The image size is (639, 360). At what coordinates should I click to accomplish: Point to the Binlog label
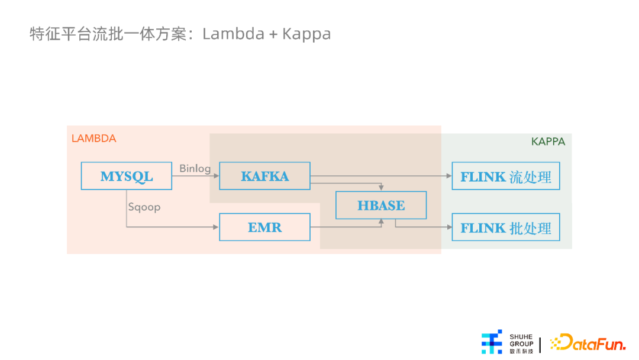[x=195, y=168]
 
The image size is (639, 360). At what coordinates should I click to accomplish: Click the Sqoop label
[x=144, y=207]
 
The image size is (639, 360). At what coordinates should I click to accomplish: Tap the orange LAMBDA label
[x=93, y=139]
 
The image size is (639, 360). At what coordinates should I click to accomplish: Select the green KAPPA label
[x=548, y=142]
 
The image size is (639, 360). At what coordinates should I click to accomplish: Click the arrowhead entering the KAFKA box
[x=217, y=176]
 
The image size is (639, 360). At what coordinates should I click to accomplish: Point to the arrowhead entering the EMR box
[x=216, y=227]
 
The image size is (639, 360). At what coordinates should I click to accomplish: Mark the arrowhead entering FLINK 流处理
[x=449, y=176]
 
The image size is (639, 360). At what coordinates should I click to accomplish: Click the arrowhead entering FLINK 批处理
[x=449, y=227]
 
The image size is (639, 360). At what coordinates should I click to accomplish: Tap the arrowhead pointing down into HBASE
[x=381, y=188]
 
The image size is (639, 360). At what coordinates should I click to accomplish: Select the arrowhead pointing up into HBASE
[x=381, y=222]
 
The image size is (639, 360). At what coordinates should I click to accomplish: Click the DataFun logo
[x=588, y=342]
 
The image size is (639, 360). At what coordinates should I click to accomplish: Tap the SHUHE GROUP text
[x=521, y=340]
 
